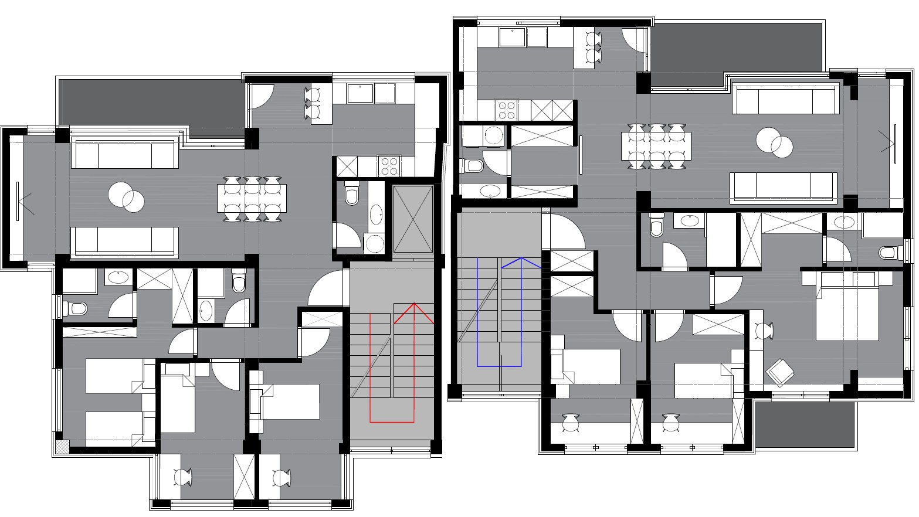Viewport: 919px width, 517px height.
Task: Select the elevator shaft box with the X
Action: pos(412,219)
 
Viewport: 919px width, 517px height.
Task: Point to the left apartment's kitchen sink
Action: pos(361,93)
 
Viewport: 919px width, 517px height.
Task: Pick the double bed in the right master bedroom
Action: pos(847,306)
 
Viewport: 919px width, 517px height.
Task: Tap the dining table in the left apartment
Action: pos(252,199)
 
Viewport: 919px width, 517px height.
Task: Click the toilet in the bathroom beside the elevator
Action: pos(352,194)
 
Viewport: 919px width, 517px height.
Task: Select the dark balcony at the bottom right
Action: pos(804,425)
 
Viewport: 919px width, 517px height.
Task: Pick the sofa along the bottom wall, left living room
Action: pos(124,242)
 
